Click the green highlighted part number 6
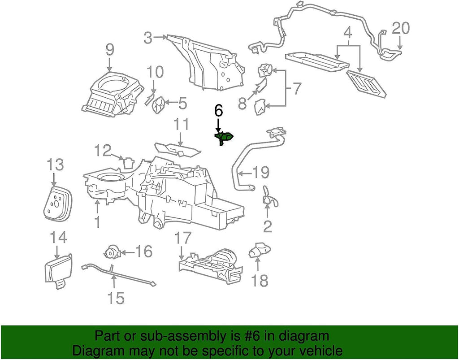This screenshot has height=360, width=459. click(225, 138)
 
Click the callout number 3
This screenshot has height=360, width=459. click(149, 39)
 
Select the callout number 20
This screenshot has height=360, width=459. click(401, 29)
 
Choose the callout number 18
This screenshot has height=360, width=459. click(260, 281)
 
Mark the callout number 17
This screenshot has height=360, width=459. click(183, 238)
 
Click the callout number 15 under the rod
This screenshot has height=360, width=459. click(115, 297)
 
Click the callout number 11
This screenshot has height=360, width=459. click(181, 124)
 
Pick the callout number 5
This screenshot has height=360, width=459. click(182, 104)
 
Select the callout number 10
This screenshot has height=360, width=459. click(155, 72)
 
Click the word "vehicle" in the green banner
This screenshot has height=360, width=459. click(316, 350)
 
